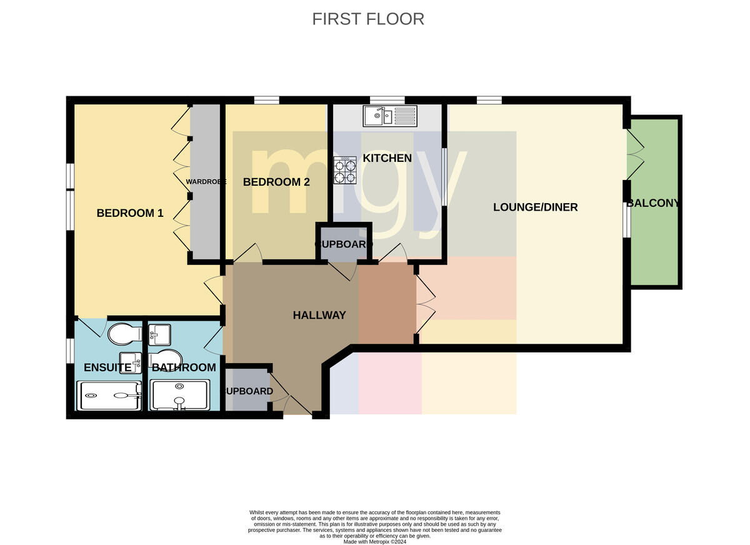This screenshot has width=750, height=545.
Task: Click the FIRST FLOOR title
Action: (368, 19)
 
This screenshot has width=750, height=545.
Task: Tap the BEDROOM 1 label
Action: (130, 213)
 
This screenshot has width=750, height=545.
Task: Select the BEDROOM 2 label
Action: (276, 182)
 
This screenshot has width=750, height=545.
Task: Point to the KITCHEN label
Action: (387, 158)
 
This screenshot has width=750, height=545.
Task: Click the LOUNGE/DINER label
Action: (536, 207)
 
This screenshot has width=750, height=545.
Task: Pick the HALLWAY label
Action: (319, 315)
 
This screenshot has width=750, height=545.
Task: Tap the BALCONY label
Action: (653, 203)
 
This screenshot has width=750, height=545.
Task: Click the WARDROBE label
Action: (206, 182)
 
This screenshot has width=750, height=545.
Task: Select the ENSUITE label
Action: (107, 367)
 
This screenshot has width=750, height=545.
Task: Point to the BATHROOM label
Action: (184, 367)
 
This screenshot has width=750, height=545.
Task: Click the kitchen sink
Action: (390, 116)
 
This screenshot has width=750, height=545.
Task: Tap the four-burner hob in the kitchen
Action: (345, 171)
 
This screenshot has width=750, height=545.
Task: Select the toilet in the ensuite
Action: (124, 334)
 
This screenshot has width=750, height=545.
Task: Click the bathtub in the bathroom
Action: (180, 395)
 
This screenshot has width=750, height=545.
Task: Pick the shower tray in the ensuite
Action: (109, 396)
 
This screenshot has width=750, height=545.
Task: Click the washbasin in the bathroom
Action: (159, 335)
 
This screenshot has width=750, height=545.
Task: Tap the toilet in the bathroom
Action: (166, 359)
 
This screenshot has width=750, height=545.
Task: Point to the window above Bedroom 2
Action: (266, 100)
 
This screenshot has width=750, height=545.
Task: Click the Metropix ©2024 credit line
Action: (374, 541)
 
